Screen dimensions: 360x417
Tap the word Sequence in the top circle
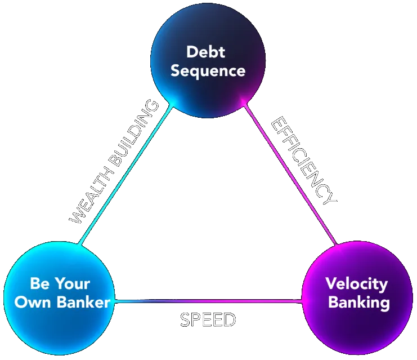click(208, 71)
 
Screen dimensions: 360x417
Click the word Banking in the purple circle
click(358, 302)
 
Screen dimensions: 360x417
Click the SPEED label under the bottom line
click(208, 320)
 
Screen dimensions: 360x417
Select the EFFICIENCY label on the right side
click(304, 160)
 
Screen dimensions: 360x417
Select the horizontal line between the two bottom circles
click(208, 301)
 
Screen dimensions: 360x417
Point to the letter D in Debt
click(192, 52)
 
